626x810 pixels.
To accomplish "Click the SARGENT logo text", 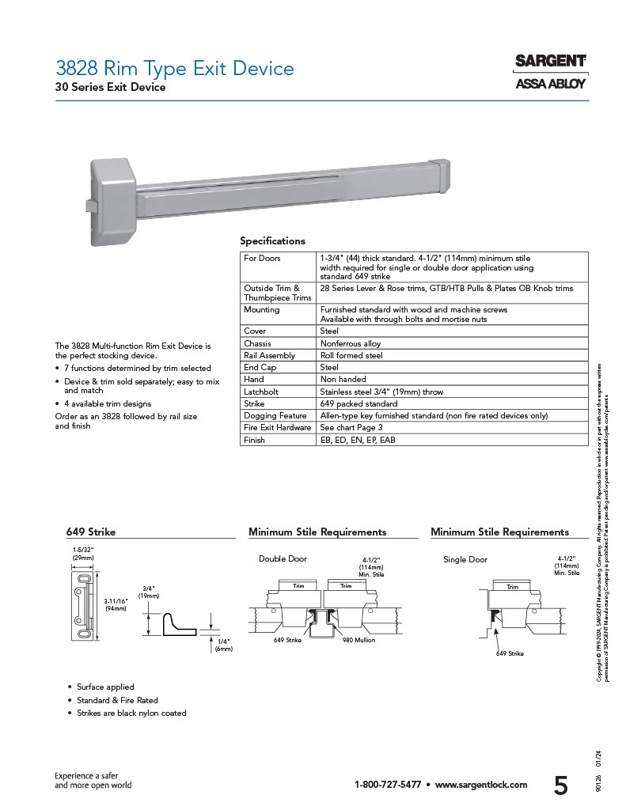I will point(550,62).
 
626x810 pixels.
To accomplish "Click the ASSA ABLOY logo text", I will point(550,83).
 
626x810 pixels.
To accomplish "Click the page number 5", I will point(560,785).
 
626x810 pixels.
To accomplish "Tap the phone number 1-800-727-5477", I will point(388,785).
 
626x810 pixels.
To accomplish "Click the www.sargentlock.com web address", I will point(481,785).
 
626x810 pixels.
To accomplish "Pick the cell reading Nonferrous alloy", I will point(350,343).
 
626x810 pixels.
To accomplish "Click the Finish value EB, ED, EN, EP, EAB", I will point(357,440).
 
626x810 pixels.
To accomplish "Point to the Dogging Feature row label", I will point(275,415).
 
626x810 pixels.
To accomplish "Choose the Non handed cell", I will point(343,380).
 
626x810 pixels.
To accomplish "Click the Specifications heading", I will point(272,241).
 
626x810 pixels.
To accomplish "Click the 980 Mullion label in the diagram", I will point(359,639).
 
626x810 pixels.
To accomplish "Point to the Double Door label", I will point(283,559).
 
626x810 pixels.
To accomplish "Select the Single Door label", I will point(465,559).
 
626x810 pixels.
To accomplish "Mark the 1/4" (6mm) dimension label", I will point(223,644).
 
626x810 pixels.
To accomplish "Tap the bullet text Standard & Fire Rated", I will point(117,700).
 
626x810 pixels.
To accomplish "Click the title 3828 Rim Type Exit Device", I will point(174,69).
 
